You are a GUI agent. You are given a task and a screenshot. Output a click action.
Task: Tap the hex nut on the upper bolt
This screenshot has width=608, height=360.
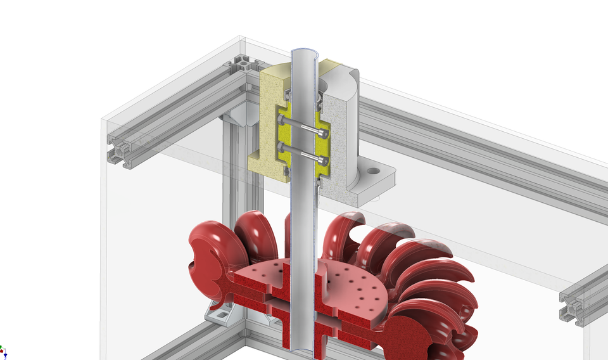coord(281,120)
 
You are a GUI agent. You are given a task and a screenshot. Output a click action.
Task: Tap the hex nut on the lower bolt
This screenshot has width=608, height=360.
coord(281,148)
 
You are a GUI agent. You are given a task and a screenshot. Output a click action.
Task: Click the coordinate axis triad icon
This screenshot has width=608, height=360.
coord(3,350)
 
